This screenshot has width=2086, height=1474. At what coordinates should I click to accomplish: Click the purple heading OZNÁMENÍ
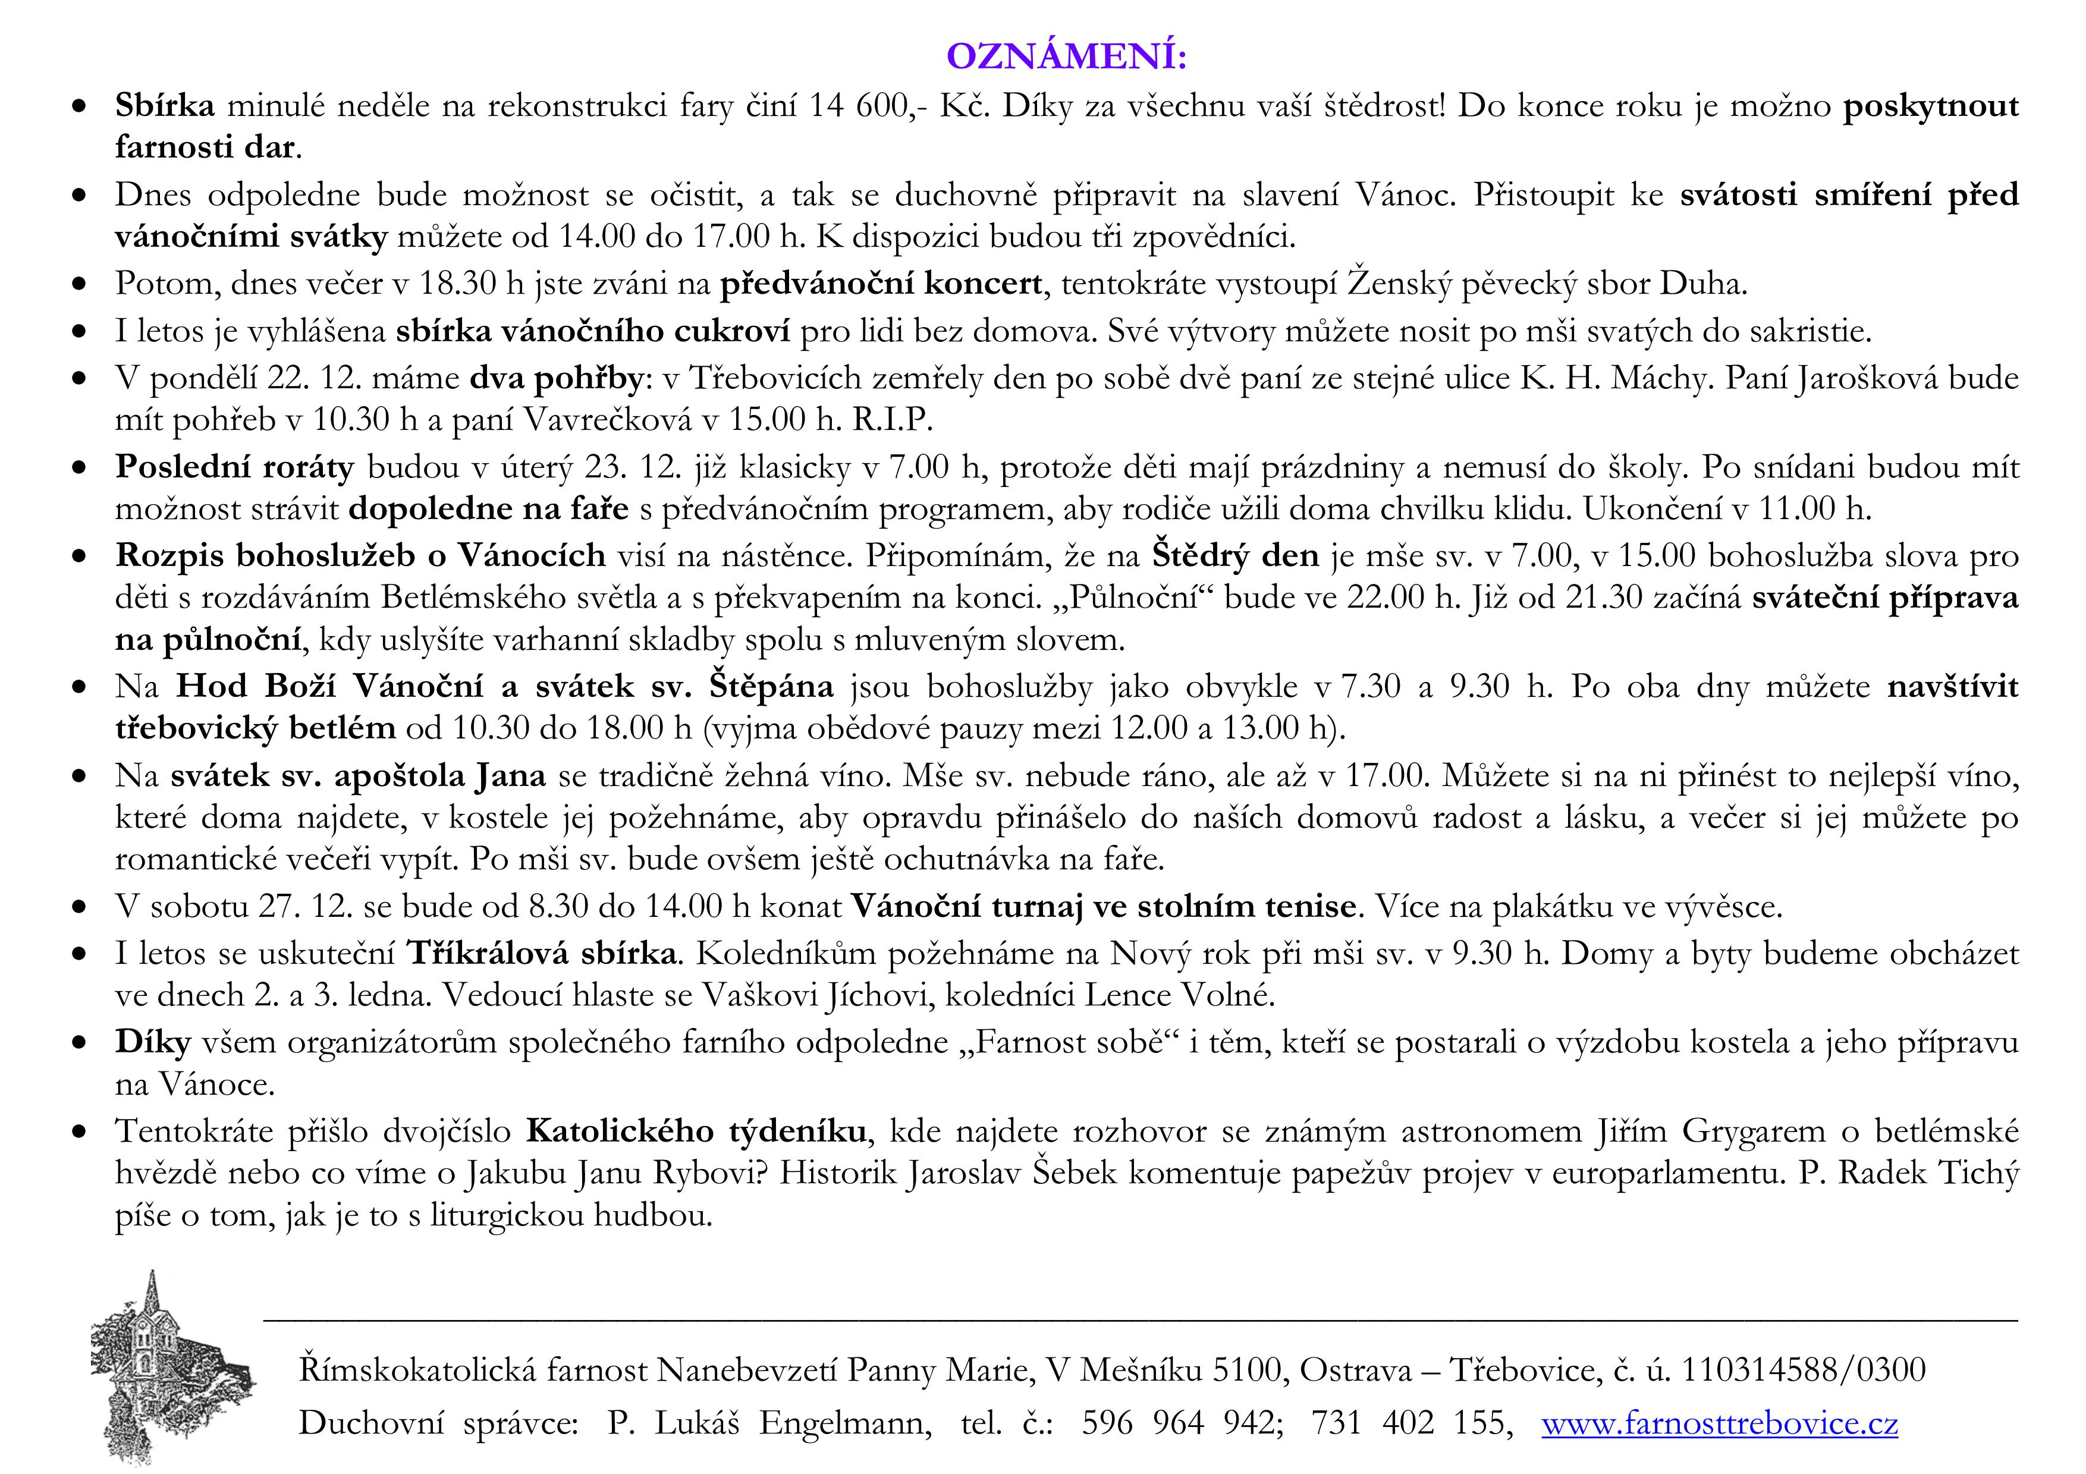coord(1067,56)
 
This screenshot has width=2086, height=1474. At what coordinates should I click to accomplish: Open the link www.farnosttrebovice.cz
coord(1719,1423)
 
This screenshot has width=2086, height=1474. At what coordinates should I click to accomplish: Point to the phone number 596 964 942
coord(1181,1423)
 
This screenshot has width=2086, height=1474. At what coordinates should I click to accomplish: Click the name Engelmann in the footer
coord(845,1423)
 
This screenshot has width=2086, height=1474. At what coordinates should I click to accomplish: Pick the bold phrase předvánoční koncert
coord(881,284)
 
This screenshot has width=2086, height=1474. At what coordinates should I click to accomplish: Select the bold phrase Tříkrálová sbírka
coord(542,954)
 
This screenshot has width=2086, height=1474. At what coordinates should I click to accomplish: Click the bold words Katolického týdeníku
coord(696,1132)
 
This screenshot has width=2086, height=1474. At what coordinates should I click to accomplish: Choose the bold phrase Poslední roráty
coord(234,467)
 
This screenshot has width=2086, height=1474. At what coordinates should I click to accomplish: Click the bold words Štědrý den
coord(1236,555)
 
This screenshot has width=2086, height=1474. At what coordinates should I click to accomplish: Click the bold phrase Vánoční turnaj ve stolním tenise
coord(1103,906)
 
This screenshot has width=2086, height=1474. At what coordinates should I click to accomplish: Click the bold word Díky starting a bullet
coord(153,1042)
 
